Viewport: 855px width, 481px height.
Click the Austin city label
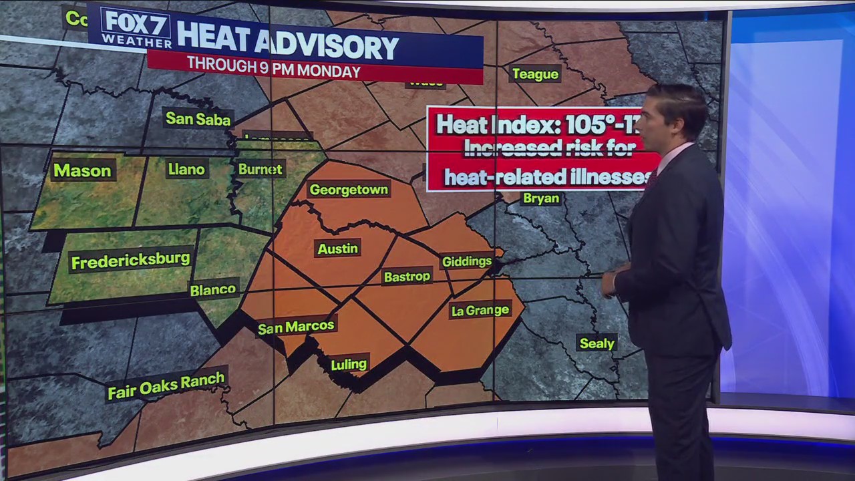click(337, 249)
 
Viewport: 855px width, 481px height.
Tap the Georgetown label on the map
click(348, 190)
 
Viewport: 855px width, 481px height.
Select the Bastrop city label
click(407, 277)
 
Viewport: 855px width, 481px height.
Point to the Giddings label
click(466, 261)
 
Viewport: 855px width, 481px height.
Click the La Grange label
click(480, 310)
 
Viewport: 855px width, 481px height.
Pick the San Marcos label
click(296, 327)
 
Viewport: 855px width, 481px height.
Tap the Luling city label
click(349, 364)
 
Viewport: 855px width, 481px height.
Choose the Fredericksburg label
click(130, 260)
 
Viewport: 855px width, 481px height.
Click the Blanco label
click(213, 290)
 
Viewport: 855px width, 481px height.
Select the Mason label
click(82, 171)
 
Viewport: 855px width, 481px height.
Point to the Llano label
click(186, 170)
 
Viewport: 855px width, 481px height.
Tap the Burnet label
click(261, 169)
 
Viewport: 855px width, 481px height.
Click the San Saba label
click(198, 119)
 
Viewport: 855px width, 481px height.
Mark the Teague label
click(535, 74)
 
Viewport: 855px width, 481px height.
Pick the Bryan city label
click(541, 198)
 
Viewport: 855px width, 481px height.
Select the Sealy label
click(596, 343)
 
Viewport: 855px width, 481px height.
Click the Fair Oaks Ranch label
click(166, 385)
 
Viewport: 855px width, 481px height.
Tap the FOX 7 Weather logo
click(136, 29)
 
